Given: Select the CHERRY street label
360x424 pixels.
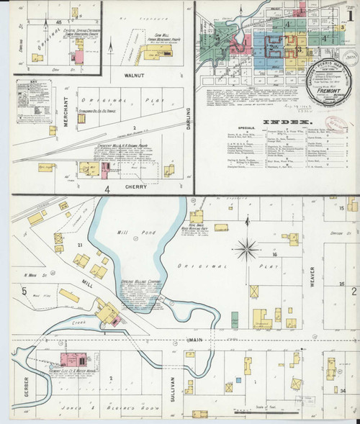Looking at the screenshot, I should [x=137, y=186].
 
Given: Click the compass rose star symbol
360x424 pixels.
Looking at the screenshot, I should [x=248, y=249].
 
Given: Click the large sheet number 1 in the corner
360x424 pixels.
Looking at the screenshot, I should [x=349, y=14].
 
